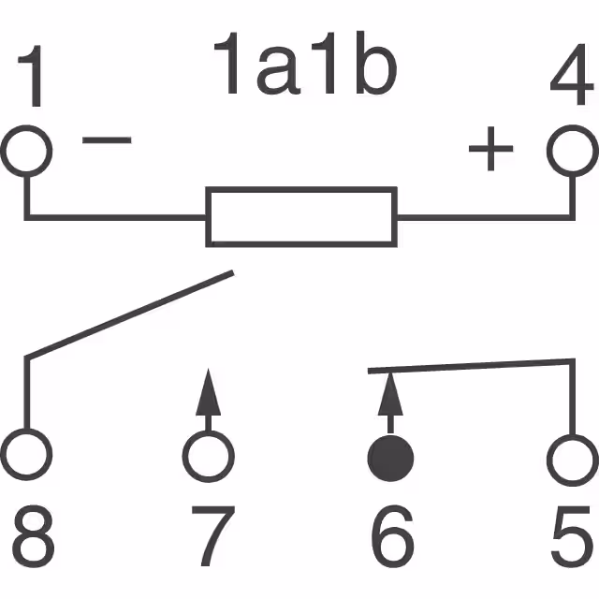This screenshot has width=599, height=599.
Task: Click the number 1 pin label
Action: tap(35, 79)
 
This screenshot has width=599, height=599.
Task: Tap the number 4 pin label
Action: tap(569, 79)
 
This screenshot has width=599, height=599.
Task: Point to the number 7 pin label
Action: tap(211, 536)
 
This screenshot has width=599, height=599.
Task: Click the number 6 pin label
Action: tap(391, 536)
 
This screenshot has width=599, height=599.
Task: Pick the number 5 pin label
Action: tap(570, 536)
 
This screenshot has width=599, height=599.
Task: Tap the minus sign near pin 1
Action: tap(107, 141)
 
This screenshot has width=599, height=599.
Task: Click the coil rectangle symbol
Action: tap(300, 216)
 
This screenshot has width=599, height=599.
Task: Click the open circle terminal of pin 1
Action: tap(25, 150)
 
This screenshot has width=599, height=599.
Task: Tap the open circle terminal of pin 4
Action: tap(572, 150)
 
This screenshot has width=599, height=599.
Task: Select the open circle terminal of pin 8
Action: tap(25, 457)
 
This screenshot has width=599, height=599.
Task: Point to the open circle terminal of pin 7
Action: tap(208, 457)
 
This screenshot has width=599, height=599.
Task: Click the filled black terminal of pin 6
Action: tap(390, 457)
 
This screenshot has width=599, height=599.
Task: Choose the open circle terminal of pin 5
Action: tap(572, 457)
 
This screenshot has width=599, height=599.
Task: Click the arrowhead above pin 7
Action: tap(208, 395)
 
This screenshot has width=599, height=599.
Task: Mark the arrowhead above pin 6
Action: tap(390, 395)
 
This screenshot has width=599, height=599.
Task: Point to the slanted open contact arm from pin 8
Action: tap(129, 314)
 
